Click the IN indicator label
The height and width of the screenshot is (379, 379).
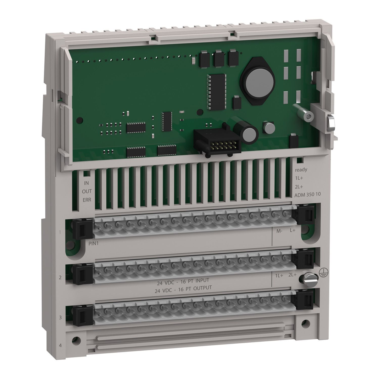click(x=87, y=183)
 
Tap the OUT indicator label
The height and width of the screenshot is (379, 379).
click(x=87, y=191)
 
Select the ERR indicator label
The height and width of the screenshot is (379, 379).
click(x=87, y=200)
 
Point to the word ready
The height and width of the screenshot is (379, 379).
click(x=301, y=170)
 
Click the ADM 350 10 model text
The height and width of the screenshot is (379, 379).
click(x=304, y=195)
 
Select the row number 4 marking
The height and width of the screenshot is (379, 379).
click(x=60, y=345)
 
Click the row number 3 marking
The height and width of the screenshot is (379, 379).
click(x=60, y=317)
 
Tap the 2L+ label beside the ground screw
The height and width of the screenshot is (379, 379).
click(x=292, y=276)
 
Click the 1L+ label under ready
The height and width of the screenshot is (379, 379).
click(x=299, y=178)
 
